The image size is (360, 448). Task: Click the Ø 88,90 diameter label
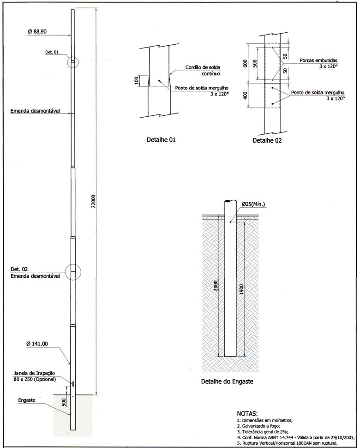[x=37, y=31]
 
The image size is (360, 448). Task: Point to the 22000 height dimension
[x=93, y=203]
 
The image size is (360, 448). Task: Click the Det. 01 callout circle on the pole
[x=72, y=62]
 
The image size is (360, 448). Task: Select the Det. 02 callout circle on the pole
[x=72, y=273]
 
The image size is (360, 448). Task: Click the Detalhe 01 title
[x=161, y=139]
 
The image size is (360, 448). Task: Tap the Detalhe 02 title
[x=267, y=140]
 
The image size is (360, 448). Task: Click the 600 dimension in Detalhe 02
[x=246, y=63]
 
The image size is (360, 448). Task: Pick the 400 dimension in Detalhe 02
[x=246, y=96]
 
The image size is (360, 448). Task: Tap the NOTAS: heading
[x=247, y=414]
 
